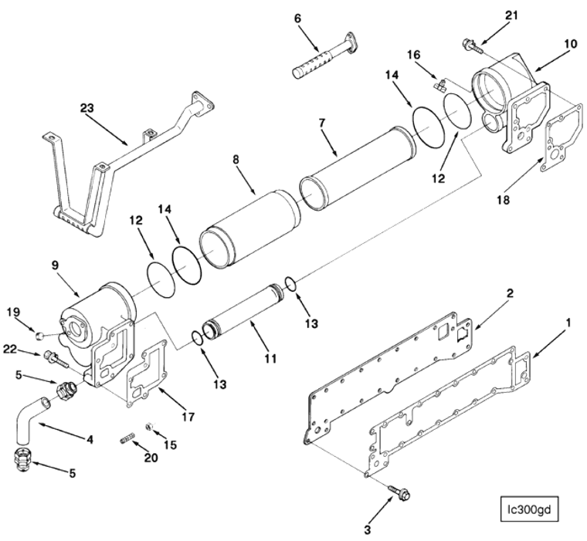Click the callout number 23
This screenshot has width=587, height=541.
tap(87, 108)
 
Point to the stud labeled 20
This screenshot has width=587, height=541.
tap(128, 441)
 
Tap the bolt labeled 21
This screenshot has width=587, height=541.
tap(469, 47)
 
